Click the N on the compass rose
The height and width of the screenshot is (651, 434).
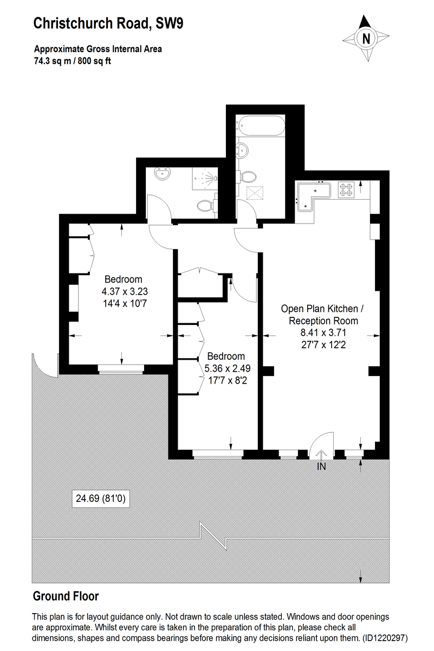[x=366, y=39]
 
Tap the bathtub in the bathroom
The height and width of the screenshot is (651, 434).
[x=261, y=125]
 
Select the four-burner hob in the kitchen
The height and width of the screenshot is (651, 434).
[x=346, y=189]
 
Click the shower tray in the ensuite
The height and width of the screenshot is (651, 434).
[x=205, y=178]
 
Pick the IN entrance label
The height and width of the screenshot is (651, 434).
[x=321, y=466]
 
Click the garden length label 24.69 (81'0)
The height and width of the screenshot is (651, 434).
[x=101, y=499]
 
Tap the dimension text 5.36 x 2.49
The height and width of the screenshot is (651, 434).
[x=228, y=368]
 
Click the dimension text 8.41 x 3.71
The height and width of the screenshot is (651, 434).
[x=323, y=333]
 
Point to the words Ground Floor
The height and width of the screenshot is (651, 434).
[x=66, y=596]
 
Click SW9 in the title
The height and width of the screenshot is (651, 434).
[x=170, y=23]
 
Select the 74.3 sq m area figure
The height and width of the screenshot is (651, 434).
[x=53, y=61]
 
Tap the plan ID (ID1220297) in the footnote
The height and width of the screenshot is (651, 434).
[x=385, y=638]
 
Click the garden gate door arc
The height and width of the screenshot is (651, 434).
[x=42, y=367]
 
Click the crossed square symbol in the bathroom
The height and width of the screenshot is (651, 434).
[x=255, y=193]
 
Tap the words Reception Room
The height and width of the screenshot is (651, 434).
[x=323, y=321]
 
